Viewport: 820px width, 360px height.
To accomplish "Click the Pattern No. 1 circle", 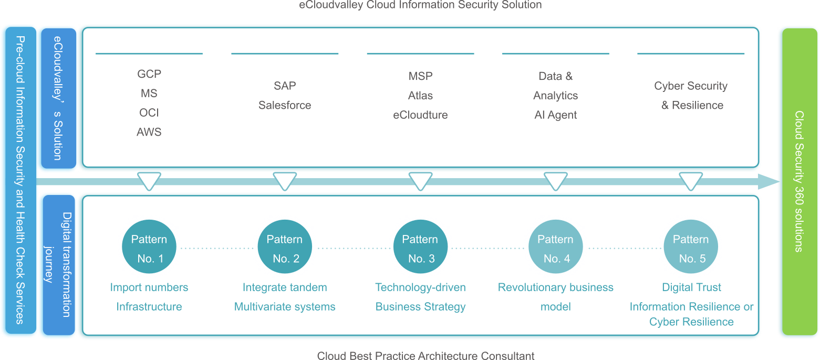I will click(x=149, y=248).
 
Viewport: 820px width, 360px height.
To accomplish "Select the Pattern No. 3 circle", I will click(x=420, y=248).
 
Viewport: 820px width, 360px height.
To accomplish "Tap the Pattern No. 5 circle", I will click(x=691, y=248).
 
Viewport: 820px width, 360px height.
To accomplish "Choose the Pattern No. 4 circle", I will click(x=555, y=248).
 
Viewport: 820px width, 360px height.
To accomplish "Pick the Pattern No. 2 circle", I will click(x=285, y=248).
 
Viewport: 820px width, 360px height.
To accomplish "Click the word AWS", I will click(x=149, y=132).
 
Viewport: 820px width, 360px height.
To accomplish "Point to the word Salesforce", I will click(x=285, y=105).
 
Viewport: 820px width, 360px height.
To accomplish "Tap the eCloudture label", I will click(x=420, y=115).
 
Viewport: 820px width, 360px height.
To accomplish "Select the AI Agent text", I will click(x=555, y=115).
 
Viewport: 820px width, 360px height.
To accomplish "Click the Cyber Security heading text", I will click(x=691, y=86).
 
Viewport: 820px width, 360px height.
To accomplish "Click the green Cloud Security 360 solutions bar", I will click(x=798, y=181).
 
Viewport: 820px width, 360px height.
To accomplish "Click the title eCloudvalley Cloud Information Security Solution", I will click(x=420, y=5).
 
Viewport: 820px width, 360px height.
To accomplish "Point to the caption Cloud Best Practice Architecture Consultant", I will click(x=425, y=356).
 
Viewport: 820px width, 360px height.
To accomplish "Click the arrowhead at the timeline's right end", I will click(x=768, y=182).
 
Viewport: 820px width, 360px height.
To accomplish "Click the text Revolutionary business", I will click(x=555, y=287).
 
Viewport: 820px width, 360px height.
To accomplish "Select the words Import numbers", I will click(x=149, y=287).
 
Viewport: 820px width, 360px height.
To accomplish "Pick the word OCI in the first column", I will click(x=149, y=113).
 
